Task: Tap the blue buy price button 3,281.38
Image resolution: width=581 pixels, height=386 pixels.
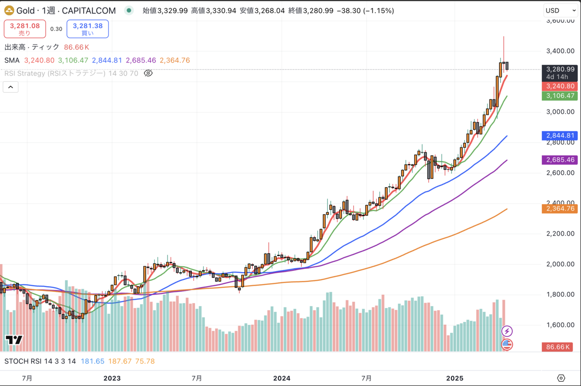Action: tap(88, 29)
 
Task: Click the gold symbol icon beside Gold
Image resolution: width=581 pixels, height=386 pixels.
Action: tap(9, 11)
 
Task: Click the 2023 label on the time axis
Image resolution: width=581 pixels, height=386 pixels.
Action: tap(112, 378)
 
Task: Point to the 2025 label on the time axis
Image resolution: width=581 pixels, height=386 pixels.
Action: tap(455, 378)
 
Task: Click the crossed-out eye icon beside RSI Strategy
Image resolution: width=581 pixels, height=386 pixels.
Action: tap(149, 73)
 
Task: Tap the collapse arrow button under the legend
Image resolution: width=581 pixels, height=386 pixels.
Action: tap(11, 87)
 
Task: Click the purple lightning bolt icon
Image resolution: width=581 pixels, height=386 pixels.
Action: tap(507, 331)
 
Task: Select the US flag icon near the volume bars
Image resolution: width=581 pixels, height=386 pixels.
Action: tap(507, 345)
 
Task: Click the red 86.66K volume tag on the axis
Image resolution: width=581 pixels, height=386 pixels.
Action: tap(560, 348)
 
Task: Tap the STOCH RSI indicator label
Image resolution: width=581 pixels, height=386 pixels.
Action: tap(40, 361)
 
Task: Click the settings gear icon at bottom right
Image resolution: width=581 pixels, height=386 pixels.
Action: tap(561, 378)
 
